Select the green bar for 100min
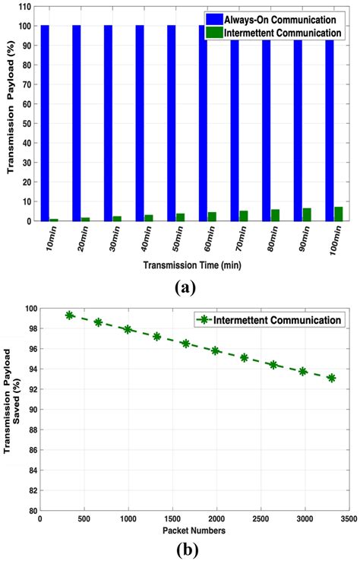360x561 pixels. (x=339, y=214)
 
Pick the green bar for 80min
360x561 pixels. (x=275, y=215)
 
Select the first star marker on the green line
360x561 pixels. (x=69, y=315)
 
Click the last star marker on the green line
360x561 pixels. (x=331, y=378)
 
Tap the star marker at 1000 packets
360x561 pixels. (x=128, y=329)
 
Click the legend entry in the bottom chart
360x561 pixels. (x=269, y=321)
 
